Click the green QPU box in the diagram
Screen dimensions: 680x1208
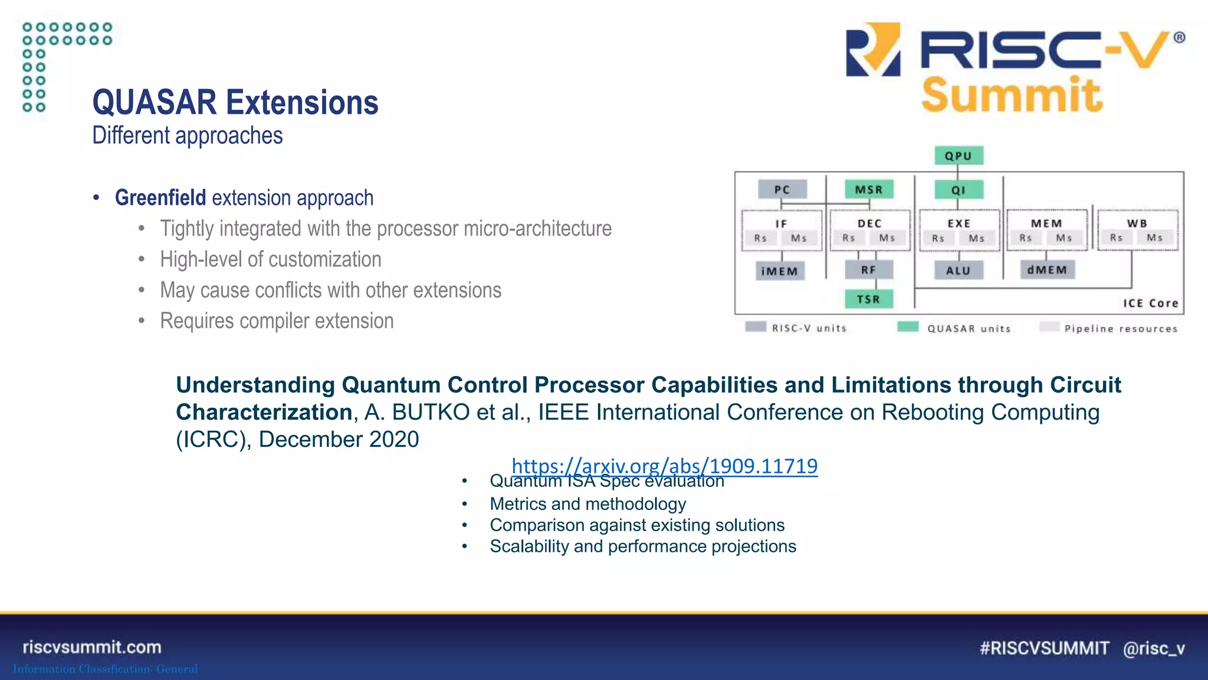958,156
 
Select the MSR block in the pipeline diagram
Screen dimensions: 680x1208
869,189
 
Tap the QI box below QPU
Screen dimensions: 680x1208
958,190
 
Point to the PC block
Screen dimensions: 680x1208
782,189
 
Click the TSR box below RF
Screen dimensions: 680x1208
868,299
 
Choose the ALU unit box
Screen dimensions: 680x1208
958,270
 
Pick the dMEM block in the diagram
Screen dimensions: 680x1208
1047,270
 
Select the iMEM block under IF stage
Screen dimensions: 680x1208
780,271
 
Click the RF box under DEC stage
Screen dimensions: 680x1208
868,270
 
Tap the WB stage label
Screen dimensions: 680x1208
1137,223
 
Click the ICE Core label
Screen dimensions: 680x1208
1150,303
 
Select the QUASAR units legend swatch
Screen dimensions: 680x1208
908,327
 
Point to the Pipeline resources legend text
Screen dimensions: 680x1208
1121,329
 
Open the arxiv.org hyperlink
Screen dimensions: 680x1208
664,466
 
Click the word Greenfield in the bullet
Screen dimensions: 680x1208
160,198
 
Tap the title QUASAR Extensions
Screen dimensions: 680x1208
235,103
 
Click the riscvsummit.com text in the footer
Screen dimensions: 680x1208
92,647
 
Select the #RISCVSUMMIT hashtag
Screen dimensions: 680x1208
1044,648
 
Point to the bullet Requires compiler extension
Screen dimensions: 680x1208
277,321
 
